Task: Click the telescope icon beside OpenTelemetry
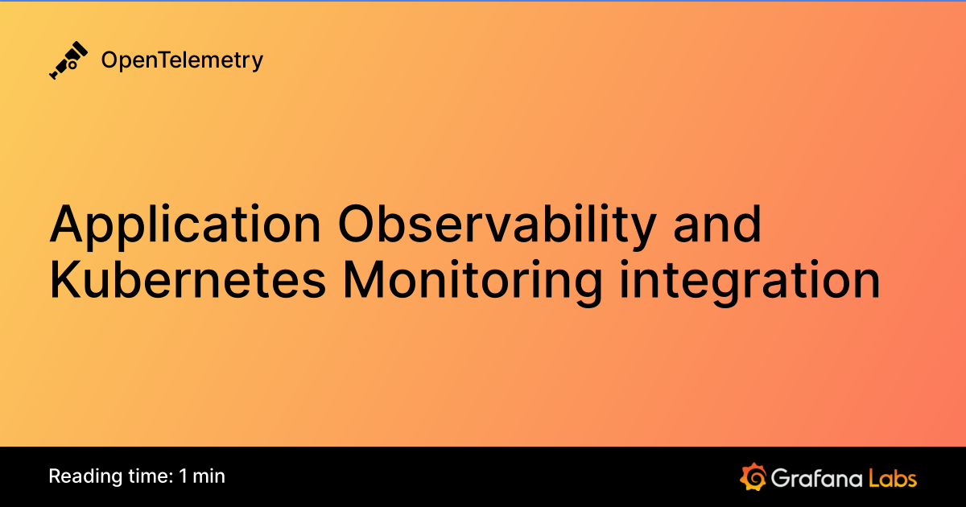coord(68,60)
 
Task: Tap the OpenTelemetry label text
coord(182,60)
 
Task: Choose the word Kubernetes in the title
coord(188,281)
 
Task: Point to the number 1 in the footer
coord(184,476)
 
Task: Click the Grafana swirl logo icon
coord(752,476)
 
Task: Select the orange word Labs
coord(893,477)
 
